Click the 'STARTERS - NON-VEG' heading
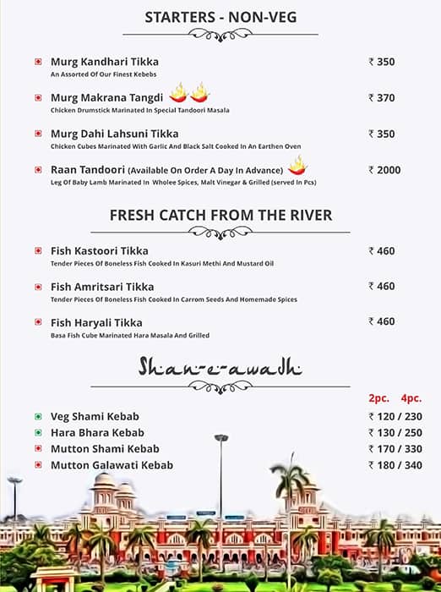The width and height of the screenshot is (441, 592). (220, 17)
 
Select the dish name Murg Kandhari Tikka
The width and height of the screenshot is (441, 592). (104, 62)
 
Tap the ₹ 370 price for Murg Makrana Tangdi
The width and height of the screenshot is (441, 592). (382, 98)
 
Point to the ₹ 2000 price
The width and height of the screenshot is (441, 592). (384, 170)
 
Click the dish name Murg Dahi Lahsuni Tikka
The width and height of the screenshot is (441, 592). (114, 134)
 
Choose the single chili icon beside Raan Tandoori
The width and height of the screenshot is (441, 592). (297, 165)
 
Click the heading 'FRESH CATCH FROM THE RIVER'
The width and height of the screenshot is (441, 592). (220, 215)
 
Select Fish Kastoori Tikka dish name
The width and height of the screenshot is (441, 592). (99, 251)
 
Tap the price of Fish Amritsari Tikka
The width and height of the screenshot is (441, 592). (382, 286)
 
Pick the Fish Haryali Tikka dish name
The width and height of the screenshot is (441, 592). (96, 323)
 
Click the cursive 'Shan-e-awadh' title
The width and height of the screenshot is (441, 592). (220, 367)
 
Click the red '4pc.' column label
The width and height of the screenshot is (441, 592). (411, 397)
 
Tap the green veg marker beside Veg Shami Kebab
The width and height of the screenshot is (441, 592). (38, 417)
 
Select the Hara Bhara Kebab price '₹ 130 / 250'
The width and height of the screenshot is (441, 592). (395, 433)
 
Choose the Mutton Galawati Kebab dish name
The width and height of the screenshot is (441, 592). (112, 465)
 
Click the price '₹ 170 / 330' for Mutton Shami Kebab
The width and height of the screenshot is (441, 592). (395, 449)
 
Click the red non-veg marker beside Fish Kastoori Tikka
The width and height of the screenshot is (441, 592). (38, 251)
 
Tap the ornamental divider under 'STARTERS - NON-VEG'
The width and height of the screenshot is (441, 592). (220, 35)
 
